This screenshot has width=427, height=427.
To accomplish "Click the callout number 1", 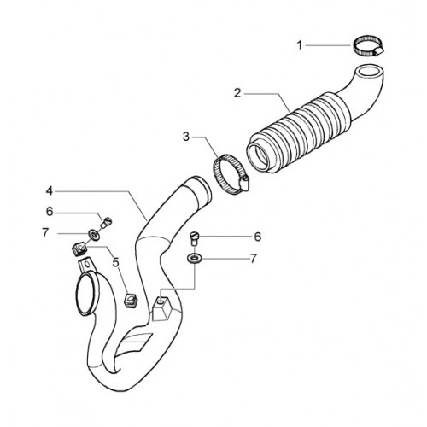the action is pos(300,45).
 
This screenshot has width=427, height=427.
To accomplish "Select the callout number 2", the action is pos(237,93).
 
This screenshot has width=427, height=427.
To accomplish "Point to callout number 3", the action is pos(186,137).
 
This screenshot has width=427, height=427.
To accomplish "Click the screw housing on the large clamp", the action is pos(245,184).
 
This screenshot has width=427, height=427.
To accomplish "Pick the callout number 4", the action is pos(50,191).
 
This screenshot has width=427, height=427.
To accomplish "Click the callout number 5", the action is pos(115,262).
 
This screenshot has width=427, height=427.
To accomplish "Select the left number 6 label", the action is pos(50,212).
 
